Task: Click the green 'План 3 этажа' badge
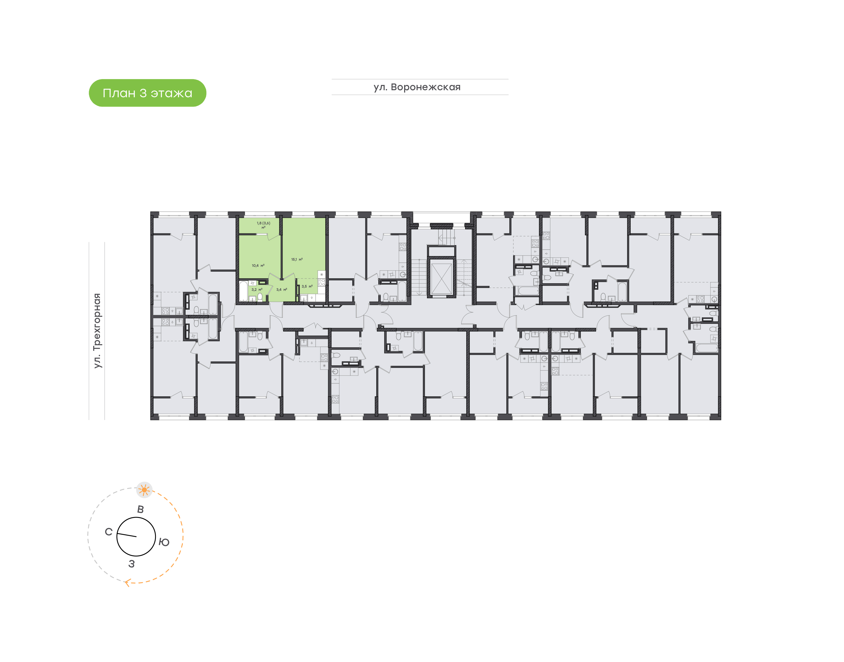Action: (147, 93)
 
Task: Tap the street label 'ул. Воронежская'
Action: (417, 87)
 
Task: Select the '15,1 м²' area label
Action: (297, 259)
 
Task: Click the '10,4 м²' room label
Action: (258, 265)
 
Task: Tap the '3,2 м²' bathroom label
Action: (257, 289)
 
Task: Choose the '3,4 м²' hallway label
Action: (281, 289)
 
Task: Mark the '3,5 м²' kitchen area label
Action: (307, 286)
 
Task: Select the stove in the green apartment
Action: (322, 282)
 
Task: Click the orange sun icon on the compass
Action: (144, 490)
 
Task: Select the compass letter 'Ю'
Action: (164, 542)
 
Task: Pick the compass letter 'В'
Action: (140, 509)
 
